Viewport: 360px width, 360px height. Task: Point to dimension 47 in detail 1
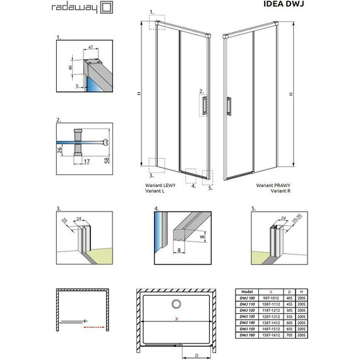[90, 47]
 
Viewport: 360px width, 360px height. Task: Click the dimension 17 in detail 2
[85, 162]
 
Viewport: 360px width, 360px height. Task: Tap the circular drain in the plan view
[177, 302]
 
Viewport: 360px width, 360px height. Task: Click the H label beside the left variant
[138, 93]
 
